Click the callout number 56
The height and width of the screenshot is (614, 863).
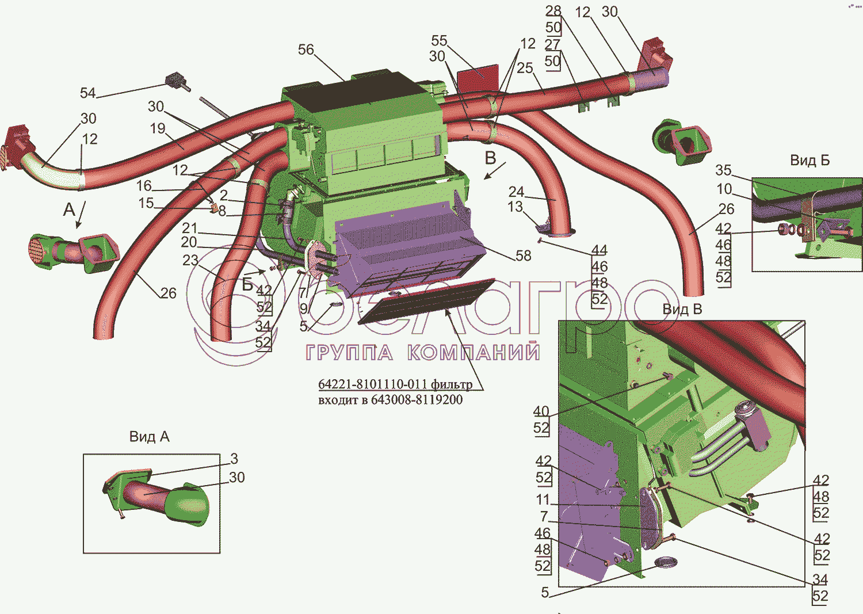pos(306,50)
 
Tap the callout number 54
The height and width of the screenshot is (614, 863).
pos(87,93)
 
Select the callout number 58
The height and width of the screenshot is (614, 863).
pos(523,255)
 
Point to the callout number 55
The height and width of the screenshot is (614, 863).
pos(439,41)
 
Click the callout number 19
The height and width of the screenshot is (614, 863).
pos(158,128)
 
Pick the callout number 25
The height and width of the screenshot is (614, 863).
pos(525,68)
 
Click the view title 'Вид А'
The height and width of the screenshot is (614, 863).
pos(149,437)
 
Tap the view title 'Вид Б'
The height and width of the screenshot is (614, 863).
pos(809,161)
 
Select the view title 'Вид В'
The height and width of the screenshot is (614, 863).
pos(682,310)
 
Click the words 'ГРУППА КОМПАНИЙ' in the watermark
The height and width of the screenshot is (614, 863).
pos(423,352)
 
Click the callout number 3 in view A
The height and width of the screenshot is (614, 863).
pos(234,459)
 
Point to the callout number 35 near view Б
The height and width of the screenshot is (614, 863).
pos(723,170)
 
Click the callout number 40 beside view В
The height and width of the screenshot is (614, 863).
pos(541,411)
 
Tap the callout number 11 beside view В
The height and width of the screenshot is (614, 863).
pos(543,499)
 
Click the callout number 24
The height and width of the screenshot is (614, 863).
pos(516,192)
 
